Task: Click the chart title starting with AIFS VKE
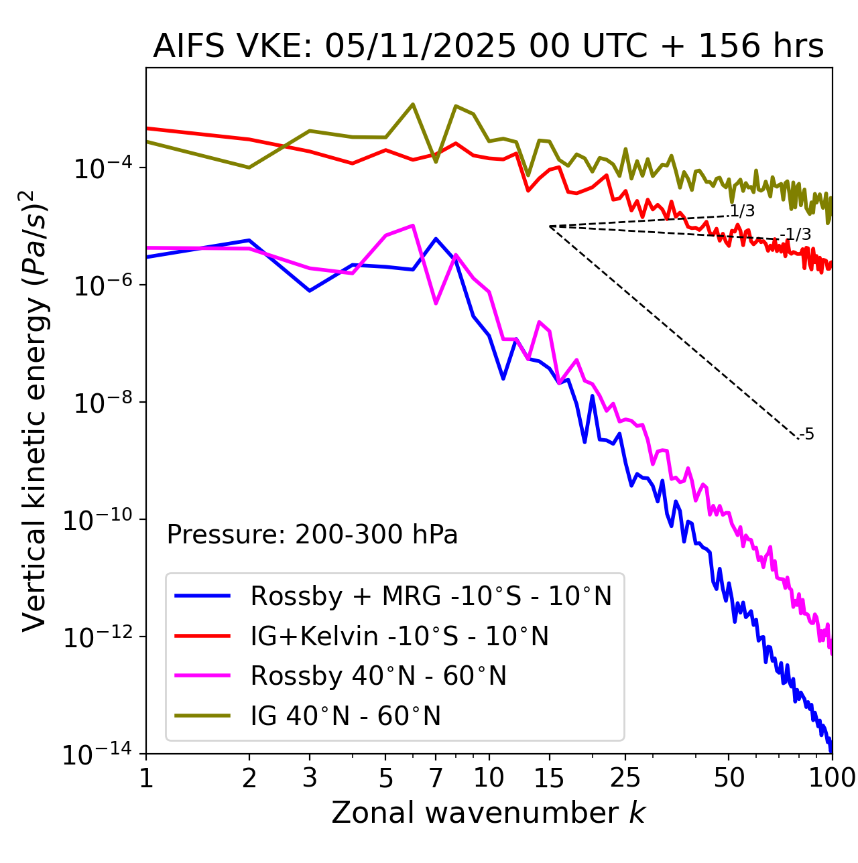click(488, 47)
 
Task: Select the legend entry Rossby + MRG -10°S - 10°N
click(431, 596)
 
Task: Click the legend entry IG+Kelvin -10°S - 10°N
click(400, 636)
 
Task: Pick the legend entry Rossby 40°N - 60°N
click(378, 676)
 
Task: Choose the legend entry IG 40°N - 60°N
click(345, 716)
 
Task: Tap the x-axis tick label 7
click(436, 778)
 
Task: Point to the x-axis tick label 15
click(550, 778)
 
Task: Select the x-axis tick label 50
click(729, 778)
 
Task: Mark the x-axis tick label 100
click(832, 778)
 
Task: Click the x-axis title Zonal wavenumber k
click(488, 813)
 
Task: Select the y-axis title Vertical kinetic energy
click(36, 410)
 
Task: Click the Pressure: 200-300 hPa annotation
click(312, 535)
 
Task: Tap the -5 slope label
click(807, 434)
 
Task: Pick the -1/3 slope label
click(797, 235)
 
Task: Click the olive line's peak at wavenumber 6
click(413, 104)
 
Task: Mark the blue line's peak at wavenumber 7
click(436, 239)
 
